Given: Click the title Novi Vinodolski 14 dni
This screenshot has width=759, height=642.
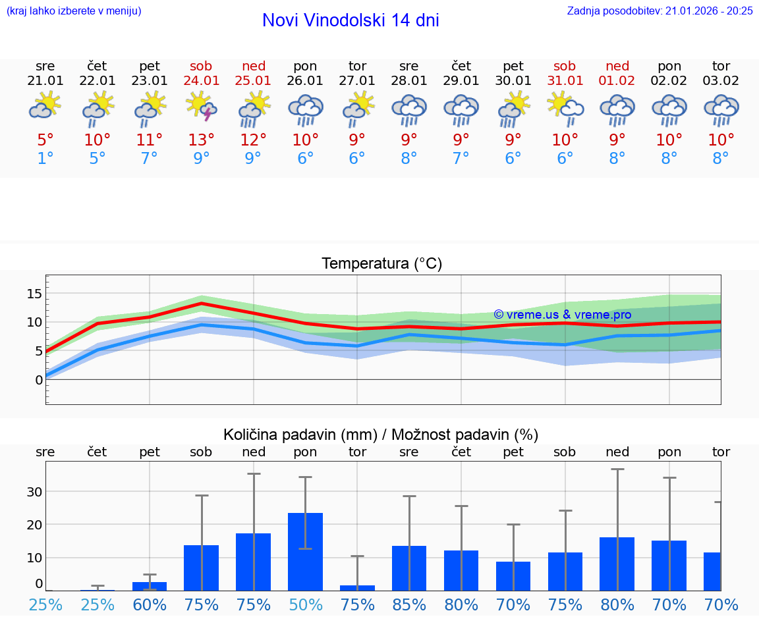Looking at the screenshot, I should point(351,20).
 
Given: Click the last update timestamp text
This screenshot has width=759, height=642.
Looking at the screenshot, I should point(660,11).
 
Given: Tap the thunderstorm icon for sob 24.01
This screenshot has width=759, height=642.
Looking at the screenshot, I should point(202,107).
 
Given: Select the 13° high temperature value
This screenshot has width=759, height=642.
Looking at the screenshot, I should point(202,140).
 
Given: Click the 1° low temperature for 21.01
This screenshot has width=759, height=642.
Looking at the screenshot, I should point(45,158).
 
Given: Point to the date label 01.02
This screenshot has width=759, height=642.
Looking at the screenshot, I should point(617,80).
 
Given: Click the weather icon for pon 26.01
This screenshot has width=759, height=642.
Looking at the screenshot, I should point(305,109).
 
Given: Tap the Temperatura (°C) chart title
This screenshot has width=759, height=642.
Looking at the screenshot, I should point(381,264).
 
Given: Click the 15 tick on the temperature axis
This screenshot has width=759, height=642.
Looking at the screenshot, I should point(35,294).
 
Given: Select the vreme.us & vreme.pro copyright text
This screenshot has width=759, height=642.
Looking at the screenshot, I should point(562,315).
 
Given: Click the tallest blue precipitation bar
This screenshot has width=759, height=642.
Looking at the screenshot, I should point(305,551).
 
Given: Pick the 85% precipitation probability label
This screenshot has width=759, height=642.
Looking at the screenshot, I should point(409,604).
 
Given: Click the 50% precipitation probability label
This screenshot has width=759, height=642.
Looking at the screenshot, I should point(305,604).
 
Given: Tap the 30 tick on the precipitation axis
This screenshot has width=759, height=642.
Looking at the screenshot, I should point(35,492).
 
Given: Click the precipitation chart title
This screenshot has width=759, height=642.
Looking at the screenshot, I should point(381,435).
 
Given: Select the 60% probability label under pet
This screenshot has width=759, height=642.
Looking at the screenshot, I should point(150,604).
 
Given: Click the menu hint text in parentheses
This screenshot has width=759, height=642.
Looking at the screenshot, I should point(73,11).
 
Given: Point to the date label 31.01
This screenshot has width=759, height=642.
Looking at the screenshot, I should point(565,80).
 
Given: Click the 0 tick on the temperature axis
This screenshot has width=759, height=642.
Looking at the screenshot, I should point(39,380).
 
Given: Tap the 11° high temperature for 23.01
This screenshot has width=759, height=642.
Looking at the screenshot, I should point(150,140).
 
